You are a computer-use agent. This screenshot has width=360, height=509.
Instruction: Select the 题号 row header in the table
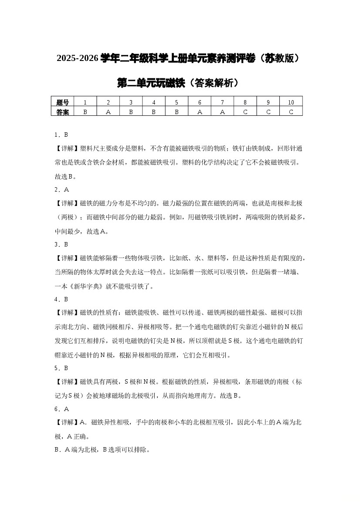pyautogui.click(x=62, y=102)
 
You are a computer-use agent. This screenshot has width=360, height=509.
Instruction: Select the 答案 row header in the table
pyautogui.click(x=62, y=112)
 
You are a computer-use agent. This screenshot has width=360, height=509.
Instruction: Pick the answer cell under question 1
pyautogui.click(x=85, y=112)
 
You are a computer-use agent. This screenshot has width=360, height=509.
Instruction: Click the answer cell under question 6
pyautogui.click(x=199, y=112)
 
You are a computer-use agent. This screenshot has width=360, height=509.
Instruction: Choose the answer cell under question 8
pyautogui.click(x=245, y=112)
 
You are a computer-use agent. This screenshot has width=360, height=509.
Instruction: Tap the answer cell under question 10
pyautogui.click(x=291, y=112)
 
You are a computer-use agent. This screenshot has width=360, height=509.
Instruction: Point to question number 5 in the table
pyautogui.click(x=177, y=102)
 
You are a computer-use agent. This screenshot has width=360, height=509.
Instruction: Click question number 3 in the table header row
pyautogui.click(x=131, y=102)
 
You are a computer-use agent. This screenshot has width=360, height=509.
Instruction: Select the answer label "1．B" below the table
pyautogui.click(x=61, y=135)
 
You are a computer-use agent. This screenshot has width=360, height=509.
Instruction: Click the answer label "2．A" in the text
pyautogui.click(x=62, y=190)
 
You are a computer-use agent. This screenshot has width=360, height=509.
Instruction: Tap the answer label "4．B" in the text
pyautogui.click(x=61, y=300)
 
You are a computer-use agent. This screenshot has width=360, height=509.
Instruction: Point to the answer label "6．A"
pyautogui.click(x=62, y=409)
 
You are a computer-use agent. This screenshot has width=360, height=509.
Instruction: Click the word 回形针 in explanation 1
pyautogui.click(x=286, y=148)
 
